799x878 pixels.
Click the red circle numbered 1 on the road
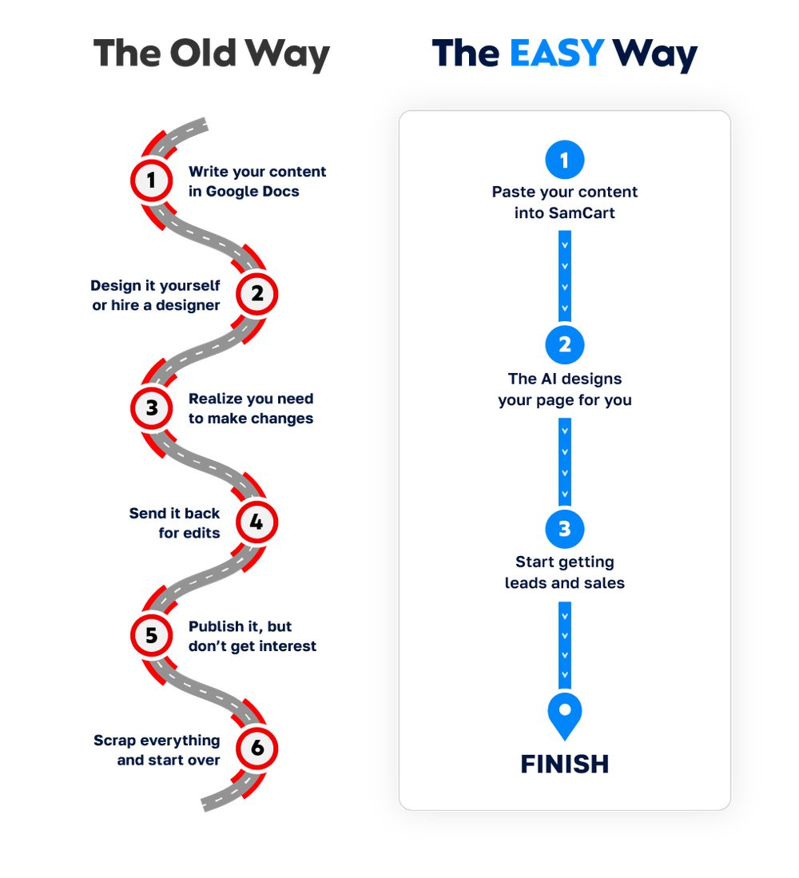[x=151, y=181]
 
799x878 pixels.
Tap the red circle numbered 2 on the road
[x=256, y=294]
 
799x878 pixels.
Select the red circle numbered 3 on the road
[x=151, y=408]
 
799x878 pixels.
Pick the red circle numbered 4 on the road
[x=256, y=522]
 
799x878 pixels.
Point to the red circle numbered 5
[x=151, y=636]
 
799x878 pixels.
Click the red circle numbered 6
[x=256, y=749]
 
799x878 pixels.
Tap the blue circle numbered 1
[x=565, y=160]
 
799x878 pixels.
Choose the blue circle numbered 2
[x=565, y=344]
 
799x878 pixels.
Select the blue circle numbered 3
[x=565, y=529]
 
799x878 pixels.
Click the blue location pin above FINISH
[x=565, y=713]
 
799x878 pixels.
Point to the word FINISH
[x=565, y=765]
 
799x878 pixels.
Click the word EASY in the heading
[x=557, y=54]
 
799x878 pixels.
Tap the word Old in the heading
[x=203, y=54]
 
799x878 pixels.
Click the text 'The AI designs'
[x=565, y=379]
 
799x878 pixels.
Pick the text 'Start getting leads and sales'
[x=565, y=573]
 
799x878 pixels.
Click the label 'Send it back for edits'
[x=175, y=522]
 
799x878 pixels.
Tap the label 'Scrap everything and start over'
[x=157, y=750]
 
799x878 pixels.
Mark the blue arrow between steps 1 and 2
[x=565, y=275]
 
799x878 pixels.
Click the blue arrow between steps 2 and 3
[x=565, y=461]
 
